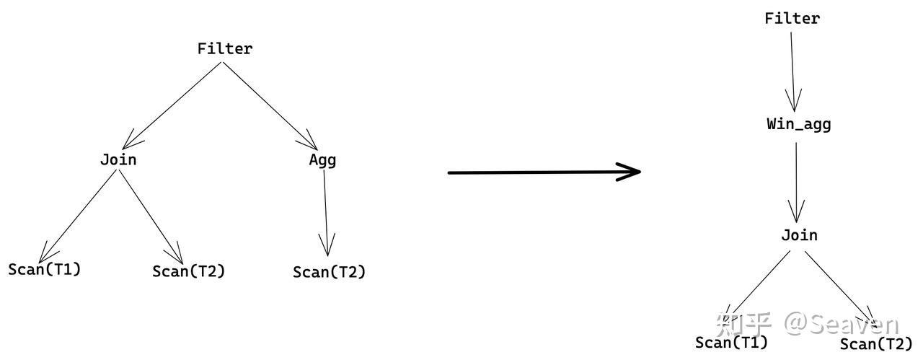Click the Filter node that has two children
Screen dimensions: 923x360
(225, 49)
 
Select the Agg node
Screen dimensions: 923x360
(322, 160)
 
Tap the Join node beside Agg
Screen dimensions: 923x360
(118, 159)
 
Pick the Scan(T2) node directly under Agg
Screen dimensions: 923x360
(330, 273)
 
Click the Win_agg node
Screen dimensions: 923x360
(799, 125)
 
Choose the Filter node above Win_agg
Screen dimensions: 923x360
(792, 19)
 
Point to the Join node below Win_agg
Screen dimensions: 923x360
(800, 236)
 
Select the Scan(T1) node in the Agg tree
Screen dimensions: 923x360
(45, 270)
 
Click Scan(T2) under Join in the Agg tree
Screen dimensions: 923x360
(189, 272)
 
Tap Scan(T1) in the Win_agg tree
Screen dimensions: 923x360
(732, 343)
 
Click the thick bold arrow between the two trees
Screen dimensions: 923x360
(544, 172)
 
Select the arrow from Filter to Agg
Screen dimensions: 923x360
(270, 105)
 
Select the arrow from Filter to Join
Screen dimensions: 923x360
(173, 105)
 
